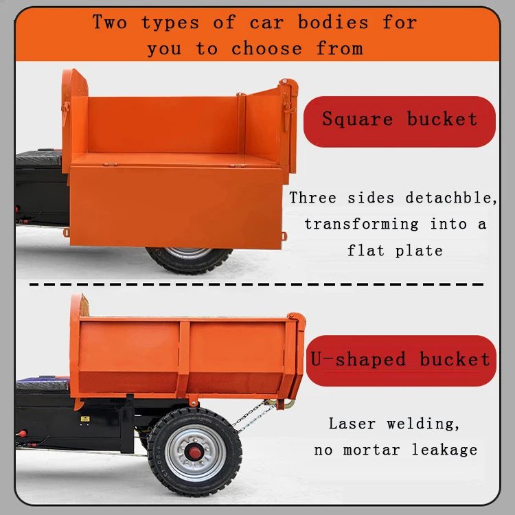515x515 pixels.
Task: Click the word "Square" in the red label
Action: pos(358,119)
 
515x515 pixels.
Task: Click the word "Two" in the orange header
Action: pos(110,22)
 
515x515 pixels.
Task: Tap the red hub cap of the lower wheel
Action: pos(194,451)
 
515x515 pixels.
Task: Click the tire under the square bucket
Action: pos(188,260)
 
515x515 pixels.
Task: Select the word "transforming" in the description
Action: pos(361,224)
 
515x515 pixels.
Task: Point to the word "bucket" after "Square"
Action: pos(442,119)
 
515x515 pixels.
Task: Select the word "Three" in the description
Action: pos(312,198)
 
